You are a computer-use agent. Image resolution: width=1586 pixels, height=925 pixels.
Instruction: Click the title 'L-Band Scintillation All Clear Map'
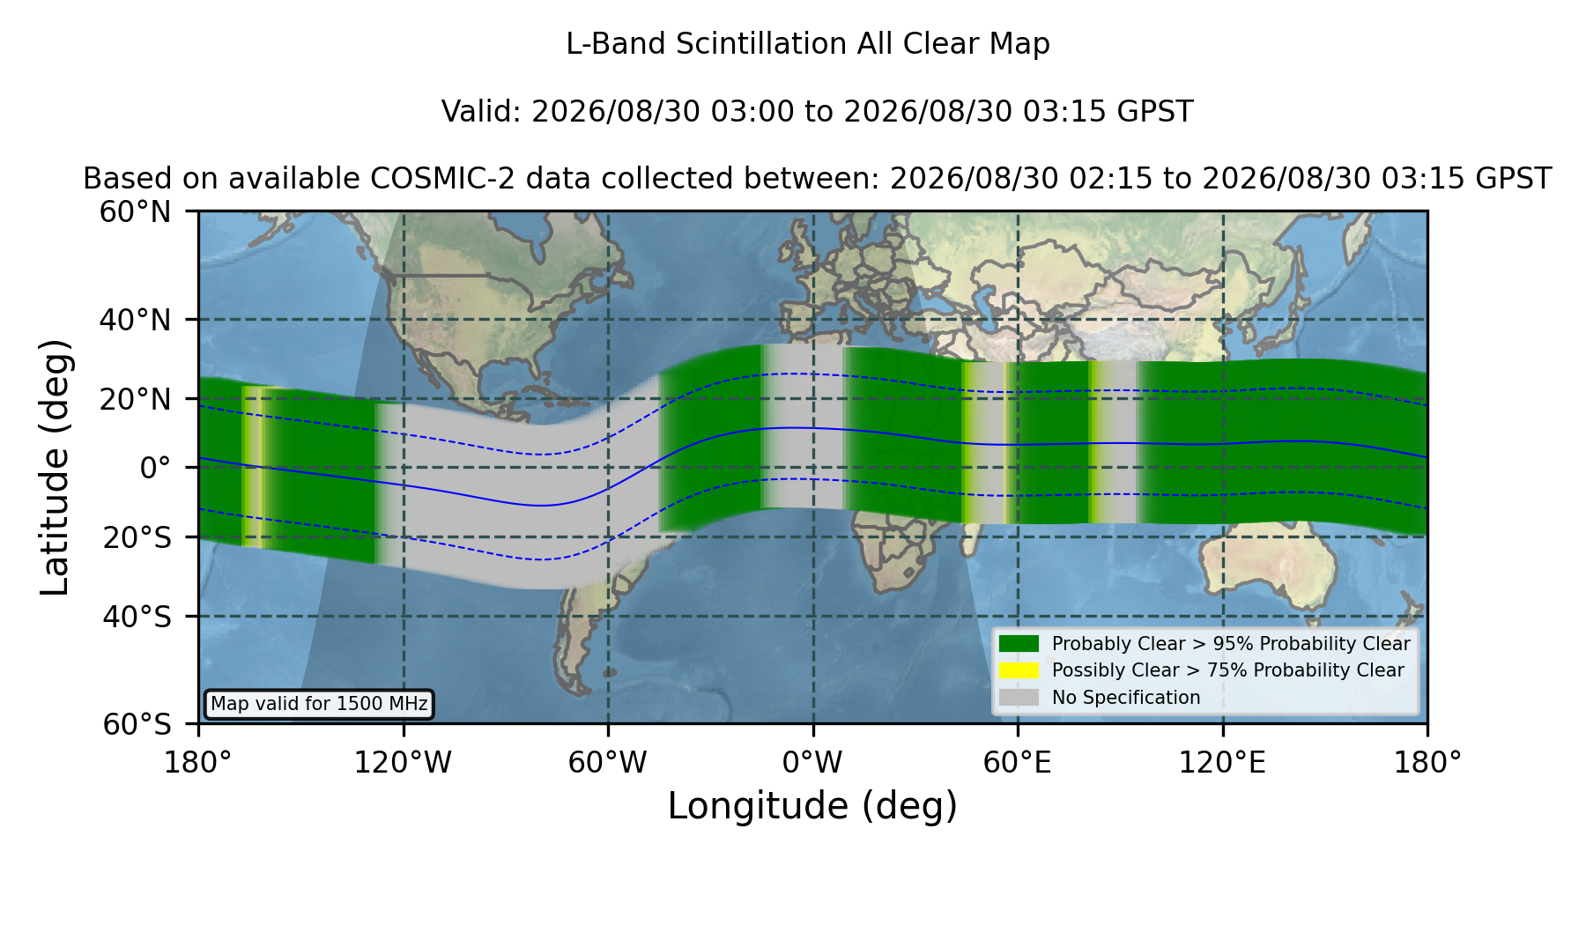807,44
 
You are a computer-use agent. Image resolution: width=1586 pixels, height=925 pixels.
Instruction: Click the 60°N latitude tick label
136,212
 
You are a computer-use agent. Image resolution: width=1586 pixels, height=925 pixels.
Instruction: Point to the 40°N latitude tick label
136,320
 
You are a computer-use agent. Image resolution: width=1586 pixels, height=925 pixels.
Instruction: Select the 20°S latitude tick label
137,537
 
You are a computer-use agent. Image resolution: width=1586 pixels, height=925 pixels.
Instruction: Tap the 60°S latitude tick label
137,724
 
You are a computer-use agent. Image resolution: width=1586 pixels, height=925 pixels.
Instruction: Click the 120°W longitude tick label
403,763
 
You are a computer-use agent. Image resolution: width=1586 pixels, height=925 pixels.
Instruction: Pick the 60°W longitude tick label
608,763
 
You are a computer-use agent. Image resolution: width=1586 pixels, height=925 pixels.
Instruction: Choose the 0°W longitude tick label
812,763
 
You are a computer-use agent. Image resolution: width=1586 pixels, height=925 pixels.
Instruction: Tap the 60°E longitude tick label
1018,763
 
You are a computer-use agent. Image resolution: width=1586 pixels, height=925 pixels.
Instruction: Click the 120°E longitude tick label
1223,763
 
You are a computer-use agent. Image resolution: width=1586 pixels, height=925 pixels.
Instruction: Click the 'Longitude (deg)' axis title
812,806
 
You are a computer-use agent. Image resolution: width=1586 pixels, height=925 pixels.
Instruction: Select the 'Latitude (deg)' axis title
56,467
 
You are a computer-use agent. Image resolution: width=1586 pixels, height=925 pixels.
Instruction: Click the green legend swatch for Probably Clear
1019,644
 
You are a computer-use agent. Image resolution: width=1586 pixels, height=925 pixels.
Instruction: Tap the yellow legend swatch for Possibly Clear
1019,670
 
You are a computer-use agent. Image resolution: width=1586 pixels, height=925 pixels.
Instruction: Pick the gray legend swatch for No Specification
1019,698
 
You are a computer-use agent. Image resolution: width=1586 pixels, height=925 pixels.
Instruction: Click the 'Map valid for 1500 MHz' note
319,704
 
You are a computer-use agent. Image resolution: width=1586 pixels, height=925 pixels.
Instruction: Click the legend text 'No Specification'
1126,698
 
